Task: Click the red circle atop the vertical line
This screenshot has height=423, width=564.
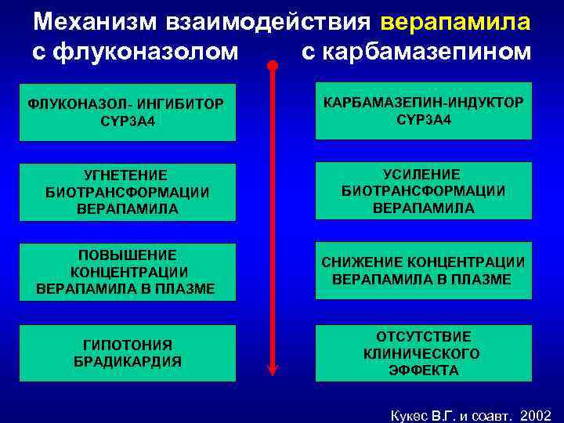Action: (272, 65)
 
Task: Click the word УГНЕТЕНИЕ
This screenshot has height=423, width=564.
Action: (128, 175)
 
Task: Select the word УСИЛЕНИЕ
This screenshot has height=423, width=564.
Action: (422, 174)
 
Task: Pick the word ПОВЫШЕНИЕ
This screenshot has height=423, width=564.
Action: (128, 255)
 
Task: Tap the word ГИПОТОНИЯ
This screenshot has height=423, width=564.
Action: (128, 345)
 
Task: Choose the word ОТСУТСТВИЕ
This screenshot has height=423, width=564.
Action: (422, 336)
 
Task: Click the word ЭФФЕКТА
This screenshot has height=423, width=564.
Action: (422, 371)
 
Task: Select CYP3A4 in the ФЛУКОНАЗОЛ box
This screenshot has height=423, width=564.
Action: (128, 119)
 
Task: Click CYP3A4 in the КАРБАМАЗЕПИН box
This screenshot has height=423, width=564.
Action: (422, 119)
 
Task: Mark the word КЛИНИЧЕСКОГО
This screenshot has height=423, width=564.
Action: (422, 353)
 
